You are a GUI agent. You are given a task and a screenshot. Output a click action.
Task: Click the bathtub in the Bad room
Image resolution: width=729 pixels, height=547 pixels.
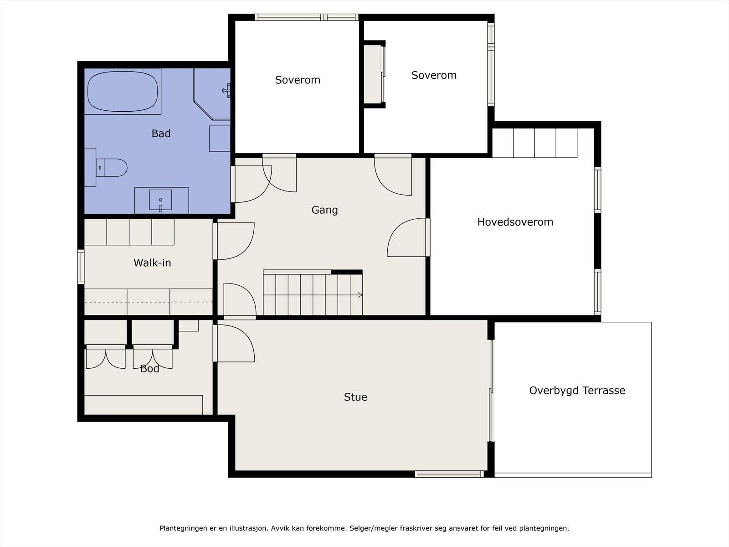(123, 91)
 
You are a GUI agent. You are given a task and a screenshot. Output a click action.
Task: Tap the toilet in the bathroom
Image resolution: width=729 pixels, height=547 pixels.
(111, 168)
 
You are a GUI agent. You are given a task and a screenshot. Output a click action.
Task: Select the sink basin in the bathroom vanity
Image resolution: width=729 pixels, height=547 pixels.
(160, 200)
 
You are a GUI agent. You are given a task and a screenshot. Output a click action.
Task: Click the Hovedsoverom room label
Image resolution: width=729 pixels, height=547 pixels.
(515, 222)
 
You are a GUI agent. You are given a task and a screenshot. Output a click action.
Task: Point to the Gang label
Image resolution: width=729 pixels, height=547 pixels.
(324, 210)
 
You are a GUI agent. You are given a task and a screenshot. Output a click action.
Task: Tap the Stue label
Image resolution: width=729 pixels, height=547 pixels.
(355, 397)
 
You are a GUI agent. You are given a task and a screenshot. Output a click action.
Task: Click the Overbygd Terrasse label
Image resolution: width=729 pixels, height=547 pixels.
(577, 391)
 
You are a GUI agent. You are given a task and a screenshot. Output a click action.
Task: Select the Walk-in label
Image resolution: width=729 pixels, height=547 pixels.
(152, 263)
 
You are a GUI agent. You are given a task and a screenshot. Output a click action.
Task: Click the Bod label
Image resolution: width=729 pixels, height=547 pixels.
(150, 368)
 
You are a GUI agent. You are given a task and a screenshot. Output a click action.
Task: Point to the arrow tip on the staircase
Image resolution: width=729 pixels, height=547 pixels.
(362, 295)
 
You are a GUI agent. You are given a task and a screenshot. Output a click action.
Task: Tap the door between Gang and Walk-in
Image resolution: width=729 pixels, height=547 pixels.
(234, 241)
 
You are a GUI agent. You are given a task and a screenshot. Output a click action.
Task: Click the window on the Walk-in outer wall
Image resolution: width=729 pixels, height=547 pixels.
(81, 267)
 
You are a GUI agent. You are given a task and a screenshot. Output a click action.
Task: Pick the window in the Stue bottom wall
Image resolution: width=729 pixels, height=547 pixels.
(449, 474)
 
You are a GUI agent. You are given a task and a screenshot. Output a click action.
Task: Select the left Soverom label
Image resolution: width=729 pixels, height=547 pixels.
(298, 80)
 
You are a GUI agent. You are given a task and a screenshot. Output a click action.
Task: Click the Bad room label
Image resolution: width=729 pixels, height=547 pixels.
(161, 134)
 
